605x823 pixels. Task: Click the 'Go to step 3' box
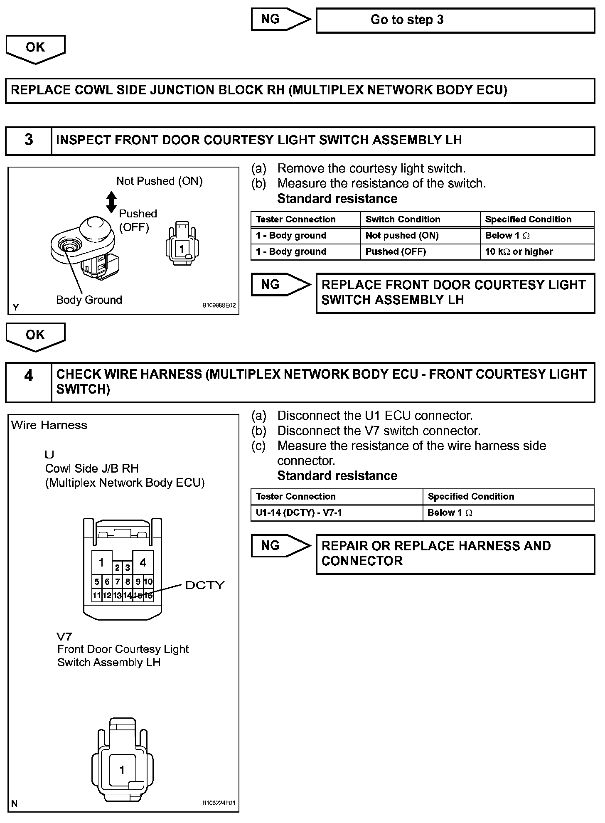click(x=455, y=20)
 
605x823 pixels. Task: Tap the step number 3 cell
click(x=29, y=140)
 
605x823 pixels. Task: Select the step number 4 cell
click(x=29, y=382)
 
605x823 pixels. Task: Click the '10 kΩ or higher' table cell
click(x=537, y=252)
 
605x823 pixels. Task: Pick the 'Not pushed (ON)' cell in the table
click(x=420, y=236)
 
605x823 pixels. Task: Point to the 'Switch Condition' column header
click(x=420, y=219)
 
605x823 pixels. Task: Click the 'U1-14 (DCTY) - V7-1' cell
click(x=337, y=513)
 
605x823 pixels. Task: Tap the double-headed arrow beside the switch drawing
click(x=111, y=202)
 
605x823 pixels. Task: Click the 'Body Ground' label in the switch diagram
click(x=89, y=300)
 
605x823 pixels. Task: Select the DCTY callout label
click(x=205, y=585)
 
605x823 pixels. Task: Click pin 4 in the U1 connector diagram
click(x=143, y=563)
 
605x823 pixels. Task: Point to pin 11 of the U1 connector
click(x=96, y=596)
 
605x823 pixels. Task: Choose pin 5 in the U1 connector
click(x=96, y=582)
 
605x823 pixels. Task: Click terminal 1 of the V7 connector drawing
click(x=122, y=770)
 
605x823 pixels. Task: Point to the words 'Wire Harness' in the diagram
click(x=49, y=425)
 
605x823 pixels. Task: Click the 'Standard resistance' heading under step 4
click(x=337, y=476)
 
